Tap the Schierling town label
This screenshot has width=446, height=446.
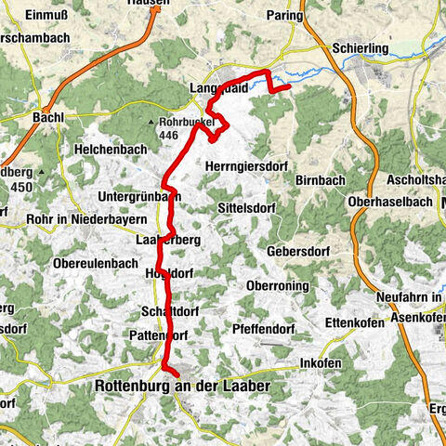(358, 48)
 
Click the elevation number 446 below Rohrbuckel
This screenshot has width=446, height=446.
(168, 134)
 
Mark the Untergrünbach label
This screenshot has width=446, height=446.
(138, 196)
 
